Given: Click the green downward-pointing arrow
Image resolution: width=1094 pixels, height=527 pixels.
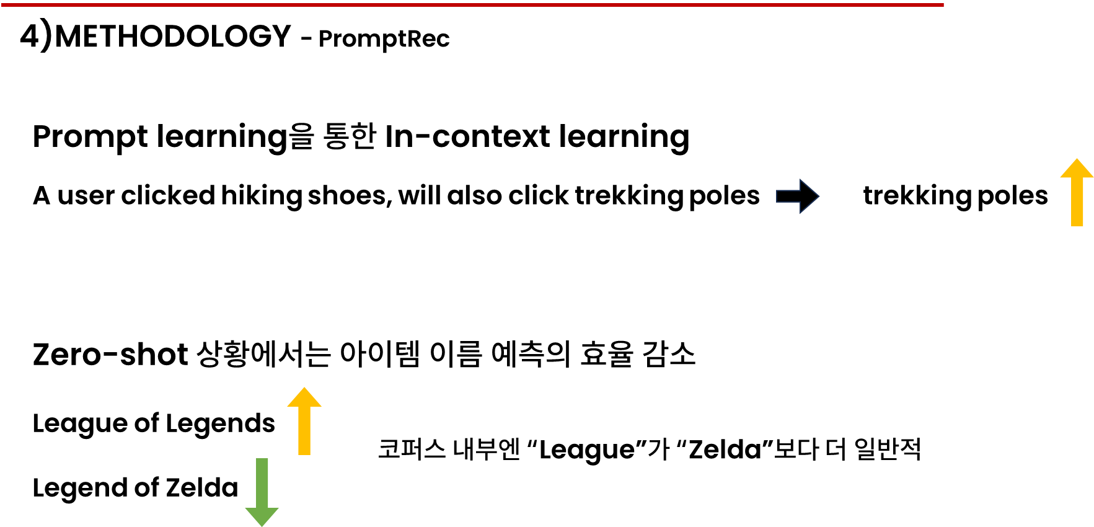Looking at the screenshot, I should [x=262, y=490].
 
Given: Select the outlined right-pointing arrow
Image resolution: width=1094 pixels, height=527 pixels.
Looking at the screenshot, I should [x=798, y=197].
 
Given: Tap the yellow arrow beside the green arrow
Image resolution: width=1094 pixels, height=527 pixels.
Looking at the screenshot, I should [x=304, y=422].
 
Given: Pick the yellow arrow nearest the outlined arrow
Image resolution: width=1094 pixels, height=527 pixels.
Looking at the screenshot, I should [x=1077, y=192].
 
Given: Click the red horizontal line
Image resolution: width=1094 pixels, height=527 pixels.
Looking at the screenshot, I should [x=471, y=5].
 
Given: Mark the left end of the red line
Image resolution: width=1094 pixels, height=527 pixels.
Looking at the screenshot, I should [x=2, y=5].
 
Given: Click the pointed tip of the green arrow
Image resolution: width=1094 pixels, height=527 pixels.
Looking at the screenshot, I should [x=262, y=526].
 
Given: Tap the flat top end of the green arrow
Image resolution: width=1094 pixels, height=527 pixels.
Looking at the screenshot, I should [x=262, y=459].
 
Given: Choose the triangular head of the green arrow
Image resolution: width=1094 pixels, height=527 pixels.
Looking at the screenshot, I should [x=262, y=515].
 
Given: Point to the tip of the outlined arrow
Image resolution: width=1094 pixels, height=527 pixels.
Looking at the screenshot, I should [x=819, y=197].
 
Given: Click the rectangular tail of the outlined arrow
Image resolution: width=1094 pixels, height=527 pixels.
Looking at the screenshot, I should [x=788, y=197].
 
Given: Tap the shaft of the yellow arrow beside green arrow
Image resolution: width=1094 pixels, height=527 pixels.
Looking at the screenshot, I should [x=304, y=431].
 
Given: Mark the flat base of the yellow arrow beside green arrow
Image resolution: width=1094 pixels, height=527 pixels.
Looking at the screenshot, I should [x=304, y=454].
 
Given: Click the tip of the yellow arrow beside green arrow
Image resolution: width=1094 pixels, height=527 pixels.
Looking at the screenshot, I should [x=304, y=388].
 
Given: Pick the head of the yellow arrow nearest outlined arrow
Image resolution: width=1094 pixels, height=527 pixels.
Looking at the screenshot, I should [x=1077, y=169].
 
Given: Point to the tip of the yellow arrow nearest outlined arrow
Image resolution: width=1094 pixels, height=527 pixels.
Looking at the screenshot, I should [x=1077, y=159].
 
